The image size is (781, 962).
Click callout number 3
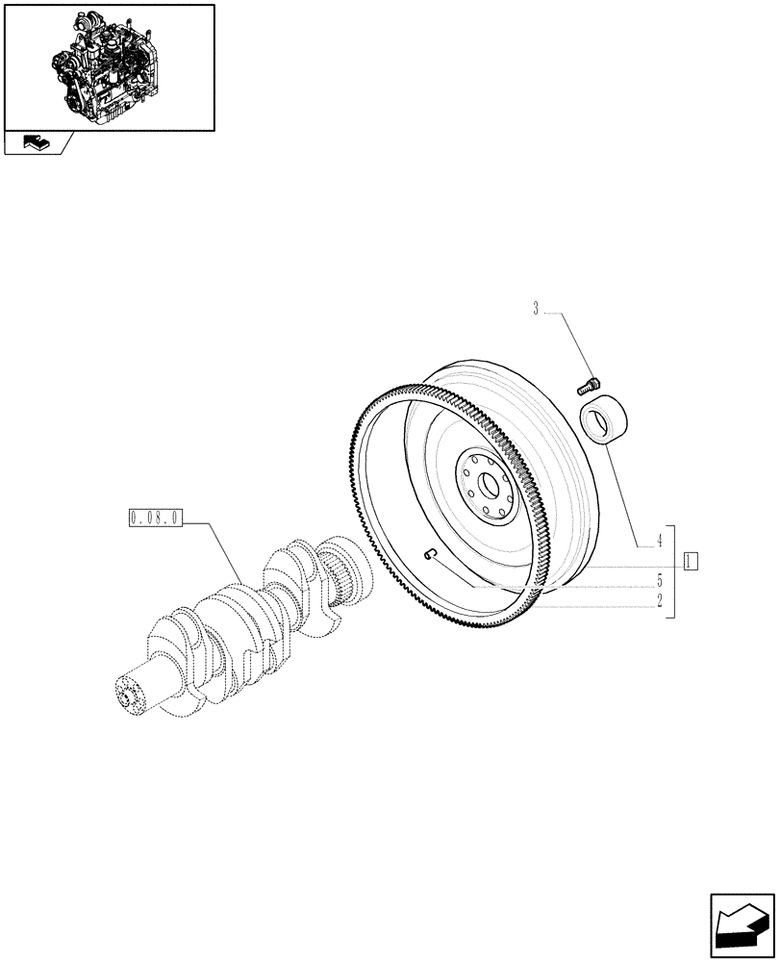[536, 309]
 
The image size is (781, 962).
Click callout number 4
[660, 542]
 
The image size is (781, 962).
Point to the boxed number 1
[691, 560]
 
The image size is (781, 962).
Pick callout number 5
[660, 580]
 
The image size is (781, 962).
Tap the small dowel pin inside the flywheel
[431, 551]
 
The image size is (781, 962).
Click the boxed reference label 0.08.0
[154, 519]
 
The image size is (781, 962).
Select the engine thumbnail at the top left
[109, 67]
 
